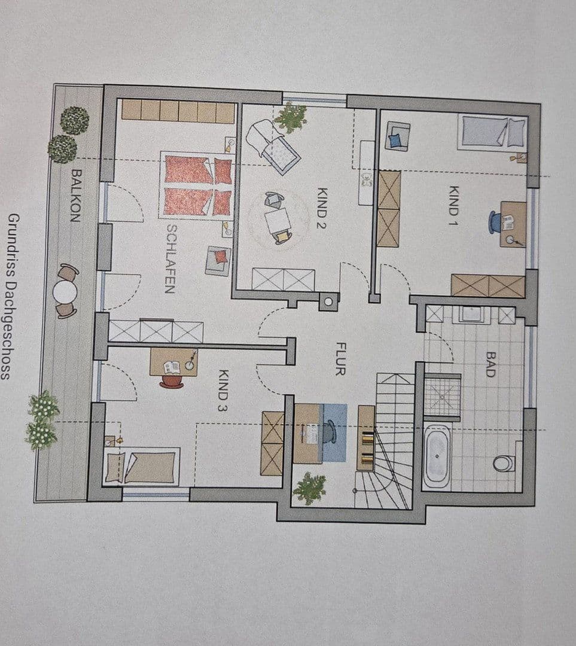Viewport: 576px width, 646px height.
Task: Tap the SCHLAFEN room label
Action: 170,258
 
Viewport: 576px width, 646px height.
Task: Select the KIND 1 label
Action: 453,202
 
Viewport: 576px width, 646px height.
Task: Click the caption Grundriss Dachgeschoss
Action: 14,296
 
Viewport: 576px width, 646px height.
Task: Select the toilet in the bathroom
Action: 504,463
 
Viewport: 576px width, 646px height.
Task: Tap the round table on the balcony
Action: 65,292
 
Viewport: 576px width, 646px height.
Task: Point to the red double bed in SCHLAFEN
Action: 196,185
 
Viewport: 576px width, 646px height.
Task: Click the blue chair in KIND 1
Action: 495,222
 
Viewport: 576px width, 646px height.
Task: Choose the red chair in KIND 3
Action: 172,381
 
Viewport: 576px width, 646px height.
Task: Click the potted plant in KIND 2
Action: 291,117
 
